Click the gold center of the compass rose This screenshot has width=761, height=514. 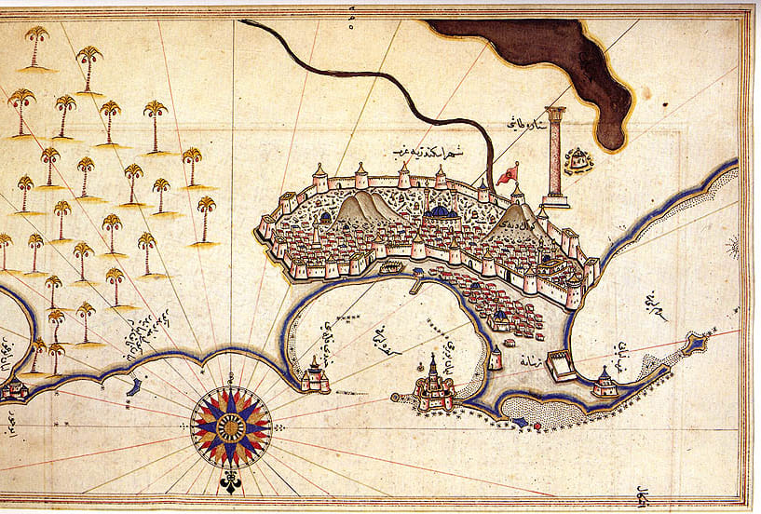[230, 428]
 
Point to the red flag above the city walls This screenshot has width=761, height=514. [509, 173]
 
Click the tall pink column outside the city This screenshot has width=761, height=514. [556, 154]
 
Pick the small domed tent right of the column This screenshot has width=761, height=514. [580, 159]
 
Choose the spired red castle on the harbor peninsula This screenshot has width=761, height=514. [433, 385]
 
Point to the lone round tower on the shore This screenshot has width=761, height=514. [496, 358]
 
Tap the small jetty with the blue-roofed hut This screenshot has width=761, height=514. [416, 277]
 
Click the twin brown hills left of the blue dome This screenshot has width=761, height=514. [360, 210]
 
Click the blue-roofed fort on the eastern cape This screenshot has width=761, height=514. [605, 383]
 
